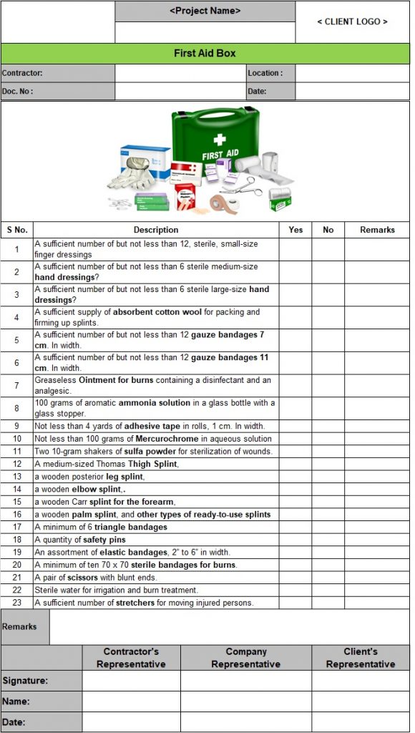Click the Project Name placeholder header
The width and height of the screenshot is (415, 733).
(205, 11)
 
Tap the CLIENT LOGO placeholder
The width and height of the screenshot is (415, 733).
(352, 21)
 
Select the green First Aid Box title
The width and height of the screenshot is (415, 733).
(205, 54)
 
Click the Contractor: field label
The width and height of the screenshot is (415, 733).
(22, 73)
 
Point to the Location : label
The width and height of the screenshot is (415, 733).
(265, 73)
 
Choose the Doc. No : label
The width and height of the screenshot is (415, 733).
(17, 92)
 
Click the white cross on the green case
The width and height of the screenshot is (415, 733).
(220, 139)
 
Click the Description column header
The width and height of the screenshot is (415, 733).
(155, 230)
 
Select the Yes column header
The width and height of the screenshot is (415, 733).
(296, 230)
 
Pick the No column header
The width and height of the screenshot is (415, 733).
(328, 230)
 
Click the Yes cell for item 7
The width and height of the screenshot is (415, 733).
(296, 386)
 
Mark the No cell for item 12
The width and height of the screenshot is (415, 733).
(328, 464)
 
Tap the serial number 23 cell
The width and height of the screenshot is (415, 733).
(16, 603)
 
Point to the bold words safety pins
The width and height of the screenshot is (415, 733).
(104, 540)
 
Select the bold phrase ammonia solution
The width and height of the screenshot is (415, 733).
(155, 403)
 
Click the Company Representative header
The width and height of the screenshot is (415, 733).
(245, 658)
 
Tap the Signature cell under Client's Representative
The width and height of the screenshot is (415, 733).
(361, 681)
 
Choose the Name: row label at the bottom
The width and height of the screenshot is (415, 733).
(16, 702)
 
